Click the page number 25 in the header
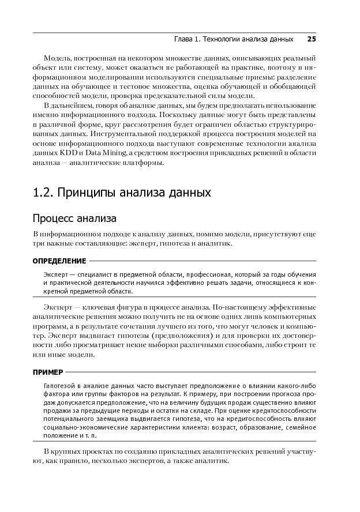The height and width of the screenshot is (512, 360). [x=312, y=39]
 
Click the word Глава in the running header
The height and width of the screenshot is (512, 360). [x=185, y=39]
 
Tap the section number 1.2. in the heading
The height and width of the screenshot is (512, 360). [x=44, y=192]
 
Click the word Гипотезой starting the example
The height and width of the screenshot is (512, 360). [x=60, y=385]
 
